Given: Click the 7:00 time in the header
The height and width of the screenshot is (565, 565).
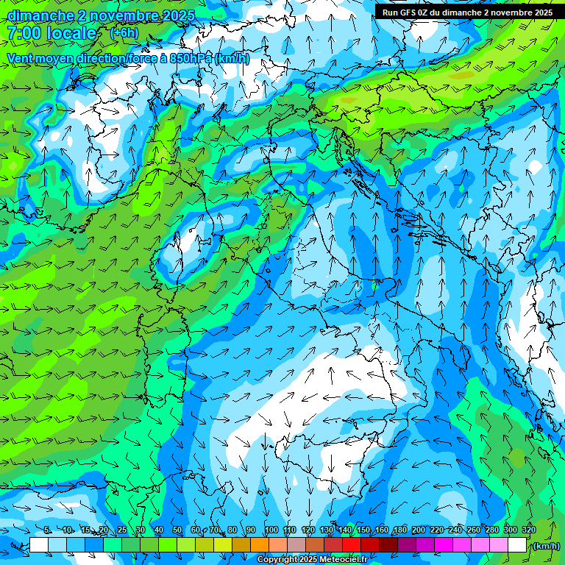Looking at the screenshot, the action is [23, 33].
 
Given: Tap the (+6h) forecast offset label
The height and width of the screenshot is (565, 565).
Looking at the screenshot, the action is [124, 32].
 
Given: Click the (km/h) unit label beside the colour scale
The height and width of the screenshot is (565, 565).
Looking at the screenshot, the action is [545, 546].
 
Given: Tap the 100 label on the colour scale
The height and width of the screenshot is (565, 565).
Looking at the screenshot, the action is [271, 530].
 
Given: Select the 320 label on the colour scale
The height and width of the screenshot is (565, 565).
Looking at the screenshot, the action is [528, 530].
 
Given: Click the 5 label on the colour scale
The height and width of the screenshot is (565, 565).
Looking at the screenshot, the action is [47, 530].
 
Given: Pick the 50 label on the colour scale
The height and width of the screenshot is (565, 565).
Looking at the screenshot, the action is [177, 530].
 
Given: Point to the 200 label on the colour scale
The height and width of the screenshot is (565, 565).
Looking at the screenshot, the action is [418, 530].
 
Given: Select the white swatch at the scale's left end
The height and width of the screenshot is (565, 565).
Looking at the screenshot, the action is [39, 545].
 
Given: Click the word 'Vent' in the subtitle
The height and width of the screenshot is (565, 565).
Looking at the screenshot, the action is [21, 58].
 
